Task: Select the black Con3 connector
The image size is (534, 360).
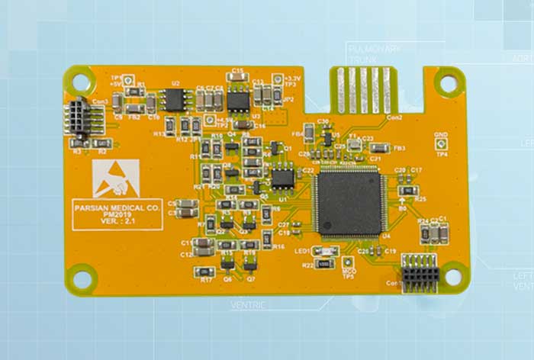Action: click(79, 117)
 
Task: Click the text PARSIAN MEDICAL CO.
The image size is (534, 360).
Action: click(118, 206)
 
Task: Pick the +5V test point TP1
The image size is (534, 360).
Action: click(121, 86)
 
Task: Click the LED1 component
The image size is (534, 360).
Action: click(327, 251)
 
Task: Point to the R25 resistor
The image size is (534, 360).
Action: click(409, 190)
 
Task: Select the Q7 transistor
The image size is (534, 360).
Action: click(249, 265)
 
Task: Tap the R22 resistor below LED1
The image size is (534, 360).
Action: click(323, 263)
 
